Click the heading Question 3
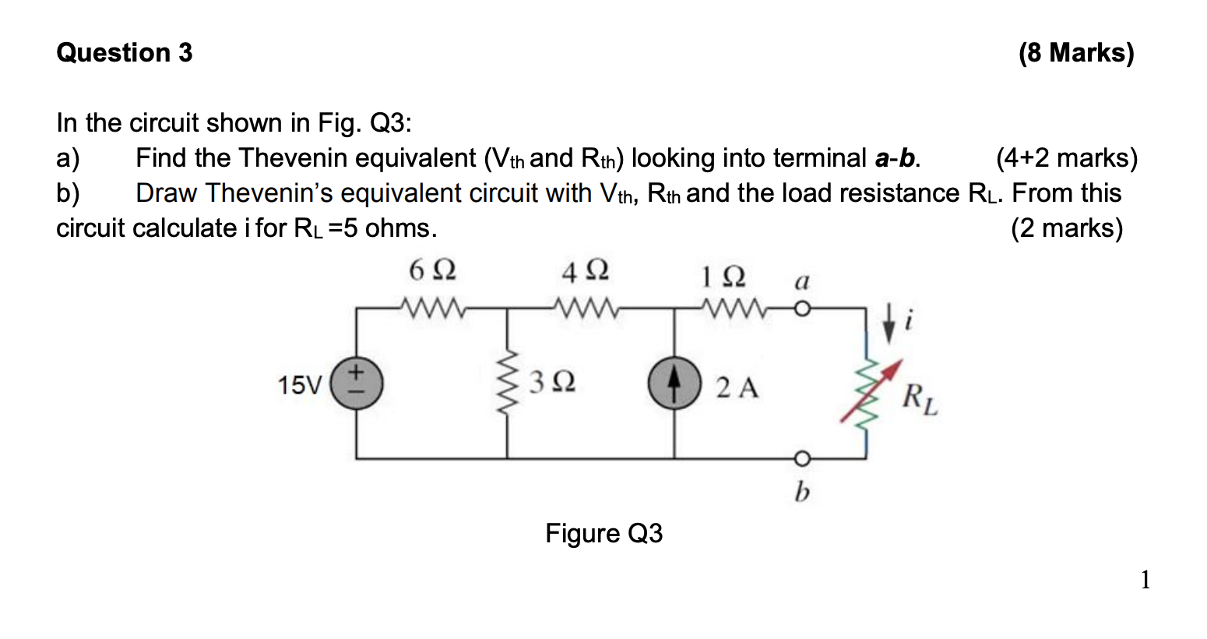[x=125, y=53]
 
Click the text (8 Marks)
[x=1075, y=53]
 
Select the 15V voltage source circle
[x=357, y=385]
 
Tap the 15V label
[x=300, y=386]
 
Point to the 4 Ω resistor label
[x=585, y=271]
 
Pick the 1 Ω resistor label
[x=723, y=276]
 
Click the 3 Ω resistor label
[x=552, y=383]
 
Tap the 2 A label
[x=737, y=387]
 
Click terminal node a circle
[x=803, y=309]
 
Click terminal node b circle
[x=803, y=457]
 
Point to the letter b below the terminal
[x=802, y=492]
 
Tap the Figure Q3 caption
[x=603, y=534]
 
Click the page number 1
[x=1145, y=580]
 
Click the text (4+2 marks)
[x=1066, y=158]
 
